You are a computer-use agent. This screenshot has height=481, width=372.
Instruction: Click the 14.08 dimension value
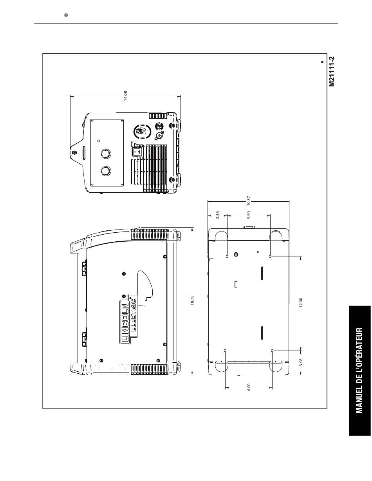coord(126,96)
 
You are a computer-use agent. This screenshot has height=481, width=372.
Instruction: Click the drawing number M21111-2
coord(332,71)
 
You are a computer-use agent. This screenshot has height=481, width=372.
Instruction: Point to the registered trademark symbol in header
coord(66,15)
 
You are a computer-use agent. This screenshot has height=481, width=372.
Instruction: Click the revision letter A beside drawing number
coord(322,61)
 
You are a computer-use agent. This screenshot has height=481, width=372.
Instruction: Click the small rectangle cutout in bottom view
coord(236,284)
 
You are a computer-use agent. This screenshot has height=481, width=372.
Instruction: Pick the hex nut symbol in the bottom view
coord(236,255)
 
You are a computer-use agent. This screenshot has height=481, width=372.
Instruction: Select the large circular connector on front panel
coord(142,131)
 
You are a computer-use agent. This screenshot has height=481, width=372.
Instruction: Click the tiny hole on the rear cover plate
coord(98,141)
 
